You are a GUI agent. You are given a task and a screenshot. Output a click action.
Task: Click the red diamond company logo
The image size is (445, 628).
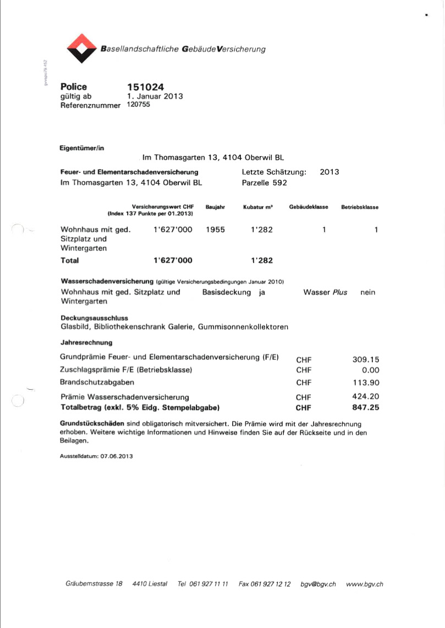[x=81, y=48]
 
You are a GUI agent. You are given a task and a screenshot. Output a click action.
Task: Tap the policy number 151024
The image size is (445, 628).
[x=145, y=87]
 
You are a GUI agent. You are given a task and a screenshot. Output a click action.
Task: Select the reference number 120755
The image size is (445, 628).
[x=139, y=105]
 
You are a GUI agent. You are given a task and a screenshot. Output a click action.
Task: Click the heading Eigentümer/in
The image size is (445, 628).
[x=81, y=148]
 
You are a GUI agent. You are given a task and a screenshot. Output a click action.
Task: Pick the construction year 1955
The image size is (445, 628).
[x=215, y=230]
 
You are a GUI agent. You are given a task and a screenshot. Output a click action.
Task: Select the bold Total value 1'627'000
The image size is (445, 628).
[x=173, y=260]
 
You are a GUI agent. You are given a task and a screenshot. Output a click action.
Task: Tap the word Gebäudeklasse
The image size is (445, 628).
[x=308, y=207]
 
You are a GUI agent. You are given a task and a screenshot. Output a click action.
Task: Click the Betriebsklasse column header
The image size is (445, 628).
[x=360, y=207]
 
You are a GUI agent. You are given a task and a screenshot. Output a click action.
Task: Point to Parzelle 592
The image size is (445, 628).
[x=265, y=183]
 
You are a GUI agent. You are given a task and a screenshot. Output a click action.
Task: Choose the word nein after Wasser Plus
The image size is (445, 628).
[x=367, y=292]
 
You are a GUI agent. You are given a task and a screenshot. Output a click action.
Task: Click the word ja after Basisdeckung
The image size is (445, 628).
[x=262, y=292]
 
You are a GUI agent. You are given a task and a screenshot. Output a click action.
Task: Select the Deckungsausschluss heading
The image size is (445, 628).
[x=94, y=318]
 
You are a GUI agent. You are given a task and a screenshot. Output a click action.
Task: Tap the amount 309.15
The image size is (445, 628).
[x=366, y=359]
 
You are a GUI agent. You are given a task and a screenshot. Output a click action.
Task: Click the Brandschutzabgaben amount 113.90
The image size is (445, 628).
[x=366, y=383]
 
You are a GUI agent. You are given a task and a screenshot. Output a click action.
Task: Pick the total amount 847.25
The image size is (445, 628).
[x=366, y=407]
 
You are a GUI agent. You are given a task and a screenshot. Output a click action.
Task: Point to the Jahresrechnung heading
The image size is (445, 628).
[x=86, y=342]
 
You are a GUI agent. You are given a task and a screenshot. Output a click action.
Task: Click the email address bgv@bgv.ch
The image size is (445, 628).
[x=318, y=584]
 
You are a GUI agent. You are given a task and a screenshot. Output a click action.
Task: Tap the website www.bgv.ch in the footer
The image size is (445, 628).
[x=365, y=584]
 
